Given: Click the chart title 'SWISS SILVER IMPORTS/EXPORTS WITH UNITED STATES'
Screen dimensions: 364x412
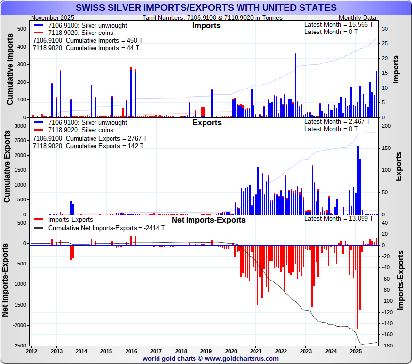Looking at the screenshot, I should (206, 7).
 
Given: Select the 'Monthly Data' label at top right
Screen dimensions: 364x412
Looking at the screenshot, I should (357, 17).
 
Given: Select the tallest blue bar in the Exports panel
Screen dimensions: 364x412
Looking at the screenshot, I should (358, 180).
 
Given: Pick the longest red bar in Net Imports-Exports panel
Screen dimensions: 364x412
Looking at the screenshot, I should (357, 286).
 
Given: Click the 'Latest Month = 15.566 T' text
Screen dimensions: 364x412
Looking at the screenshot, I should (339, 24).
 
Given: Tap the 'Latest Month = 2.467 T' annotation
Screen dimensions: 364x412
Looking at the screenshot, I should (337, 121).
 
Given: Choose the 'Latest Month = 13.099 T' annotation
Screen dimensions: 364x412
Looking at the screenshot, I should (338, 218).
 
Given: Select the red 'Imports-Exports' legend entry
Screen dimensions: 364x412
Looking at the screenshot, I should (71, 220).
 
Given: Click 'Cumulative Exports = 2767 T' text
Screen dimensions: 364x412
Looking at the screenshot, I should (89, 138).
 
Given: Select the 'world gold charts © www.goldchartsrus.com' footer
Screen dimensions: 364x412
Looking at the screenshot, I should (210, 358).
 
